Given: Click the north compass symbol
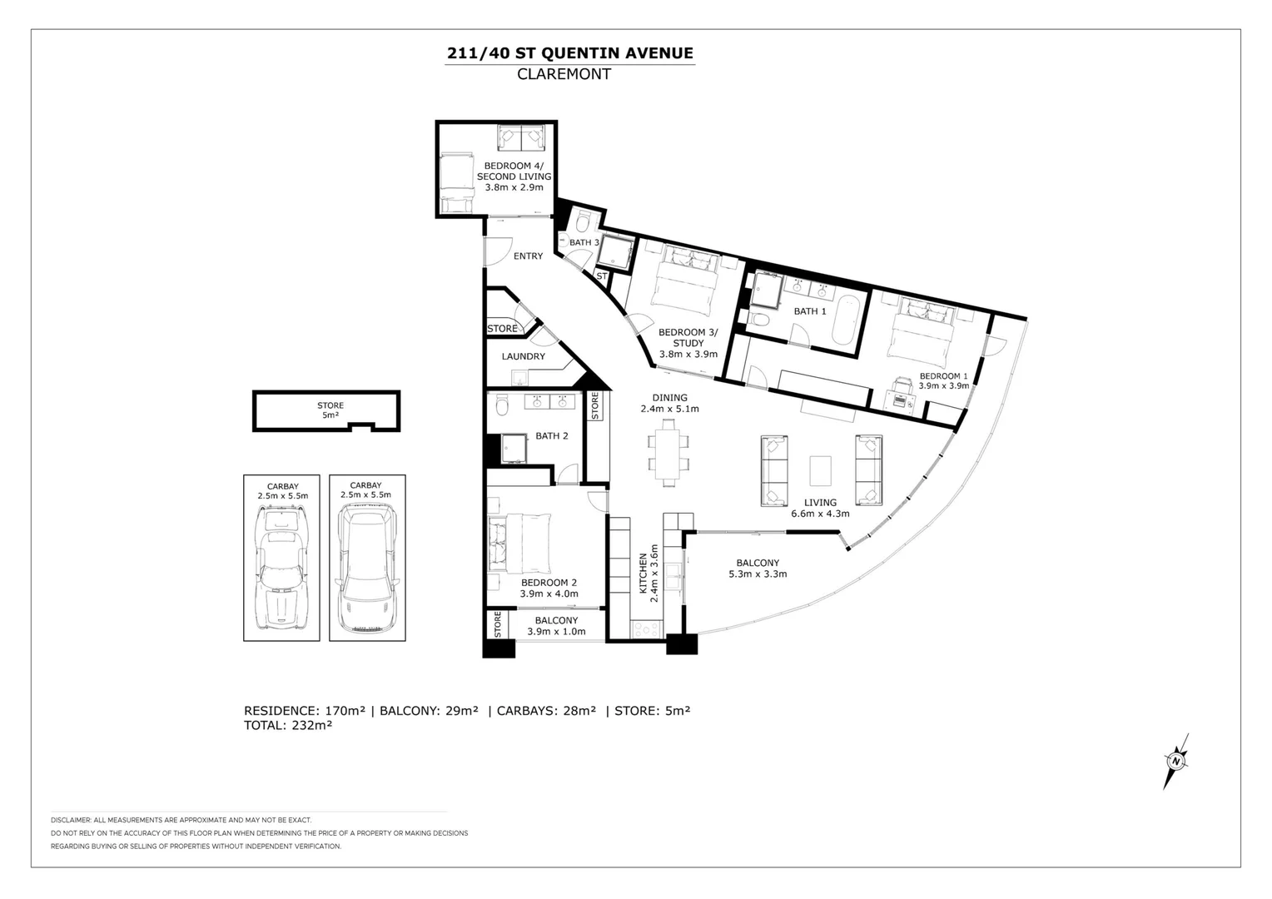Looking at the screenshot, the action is tap(1175, 761).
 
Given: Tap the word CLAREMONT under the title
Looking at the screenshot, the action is tap(564, 74).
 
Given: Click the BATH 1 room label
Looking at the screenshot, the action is tap(810, 311).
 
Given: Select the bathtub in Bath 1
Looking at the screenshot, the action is tap(846, 320).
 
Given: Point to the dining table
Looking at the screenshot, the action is tap(669, 453).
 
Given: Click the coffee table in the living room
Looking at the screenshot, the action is tap(820, 471).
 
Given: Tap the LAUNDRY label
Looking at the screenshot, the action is tap(523, 356).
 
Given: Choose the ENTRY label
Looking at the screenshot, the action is tap(528, 256).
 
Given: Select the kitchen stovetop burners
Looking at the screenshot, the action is tap(647, 628).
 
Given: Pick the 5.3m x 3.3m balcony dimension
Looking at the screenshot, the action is tap(758, 574).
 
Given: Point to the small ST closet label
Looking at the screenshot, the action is tap(601, 276).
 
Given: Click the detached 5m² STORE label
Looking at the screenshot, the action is tap(330, 410).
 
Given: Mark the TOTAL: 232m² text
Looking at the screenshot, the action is tap(288, 725).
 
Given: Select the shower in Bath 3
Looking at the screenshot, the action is tap(615, 253).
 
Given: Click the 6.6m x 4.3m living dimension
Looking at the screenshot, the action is tap(820, 514).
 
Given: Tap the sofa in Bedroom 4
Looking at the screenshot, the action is tap(521, 137).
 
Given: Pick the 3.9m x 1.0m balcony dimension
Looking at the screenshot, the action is tap(556, 632).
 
